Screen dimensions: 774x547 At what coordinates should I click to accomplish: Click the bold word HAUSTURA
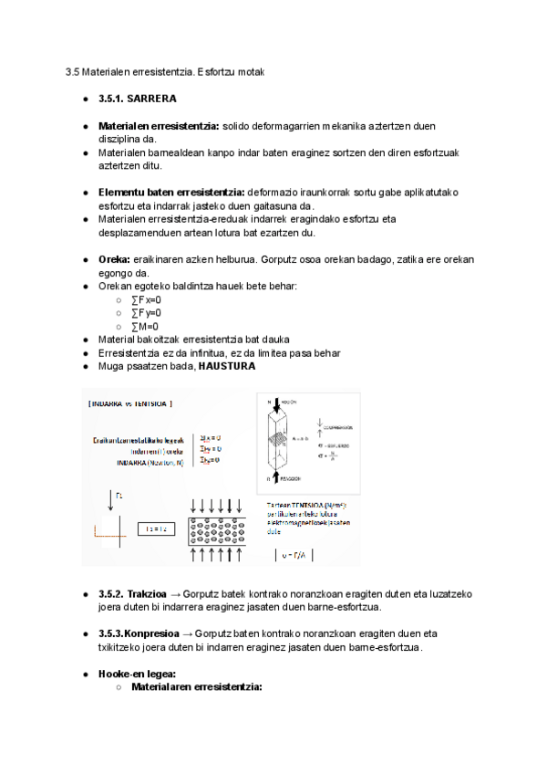pos(226,366)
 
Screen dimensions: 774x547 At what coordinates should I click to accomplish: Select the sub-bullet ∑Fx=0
pos(146,299)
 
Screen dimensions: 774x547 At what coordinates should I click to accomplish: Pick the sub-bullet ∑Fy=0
pos(146,313)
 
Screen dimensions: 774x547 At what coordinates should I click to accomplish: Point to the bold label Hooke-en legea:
pos(137,674)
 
